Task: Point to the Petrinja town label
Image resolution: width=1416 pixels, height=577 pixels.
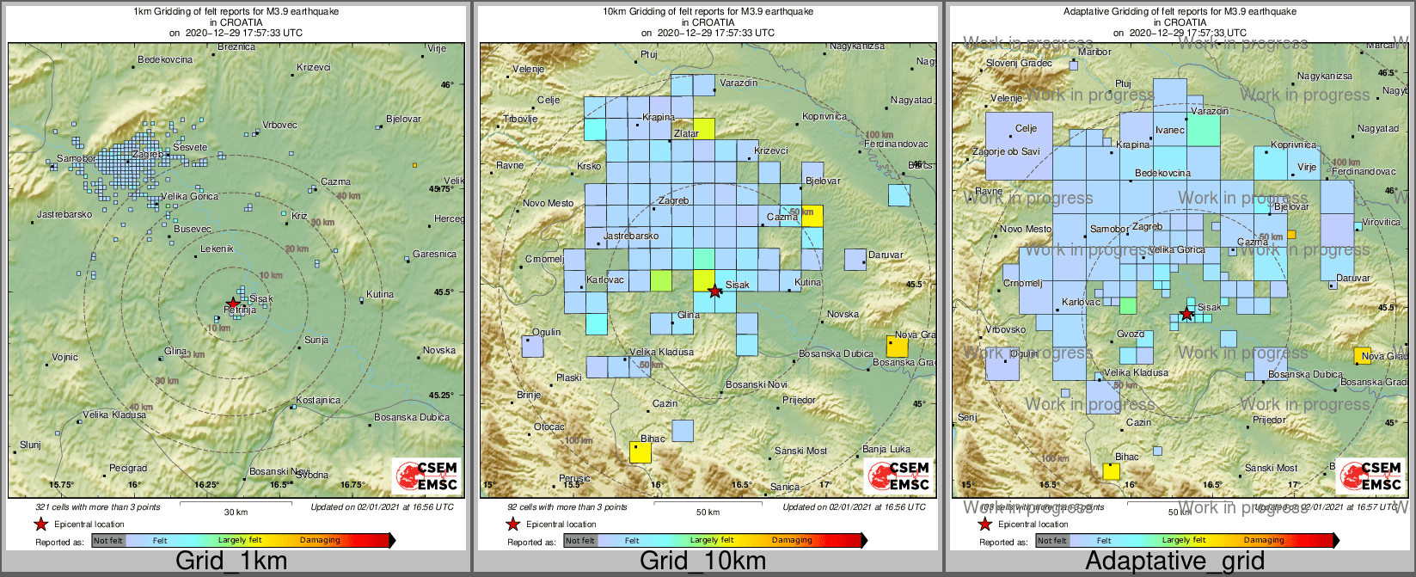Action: [240, 310]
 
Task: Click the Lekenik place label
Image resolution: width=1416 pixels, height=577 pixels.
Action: [217, 249]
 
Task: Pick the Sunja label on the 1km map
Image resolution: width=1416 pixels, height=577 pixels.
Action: [316, 340]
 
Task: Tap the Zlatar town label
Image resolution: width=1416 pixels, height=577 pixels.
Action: [686, 134]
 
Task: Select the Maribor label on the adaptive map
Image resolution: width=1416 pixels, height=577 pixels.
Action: [1094, 52]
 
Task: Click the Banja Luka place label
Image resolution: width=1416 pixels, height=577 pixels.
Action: [886, 449]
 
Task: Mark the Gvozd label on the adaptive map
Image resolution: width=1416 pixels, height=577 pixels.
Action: [1131, 334]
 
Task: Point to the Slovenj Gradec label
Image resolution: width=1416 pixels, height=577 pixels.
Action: [1019, 63]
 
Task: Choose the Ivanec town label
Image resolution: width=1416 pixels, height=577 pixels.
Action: [1170, 131]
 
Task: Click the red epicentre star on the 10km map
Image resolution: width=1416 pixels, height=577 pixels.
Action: [714, 292]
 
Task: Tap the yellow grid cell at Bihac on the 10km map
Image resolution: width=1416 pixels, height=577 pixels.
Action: [640, 451]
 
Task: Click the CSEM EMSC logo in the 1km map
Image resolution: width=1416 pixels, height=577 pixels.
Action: [426, 476]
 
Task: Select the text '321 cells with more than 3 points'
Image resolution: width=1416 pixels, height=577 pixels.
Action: [97, 507]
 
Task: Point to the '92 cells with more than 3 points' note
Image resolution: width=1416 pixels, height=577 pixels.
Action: [567, 507]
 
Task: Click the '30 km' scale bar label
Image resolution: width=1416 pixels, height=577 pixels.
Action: [236, 513]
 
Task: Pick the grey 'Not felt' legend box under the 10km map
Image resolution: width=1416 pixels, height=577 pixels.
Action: [580, 541]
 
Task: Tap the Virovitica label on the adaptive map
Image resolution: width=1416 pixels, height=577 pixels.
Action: [1382, 222]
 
